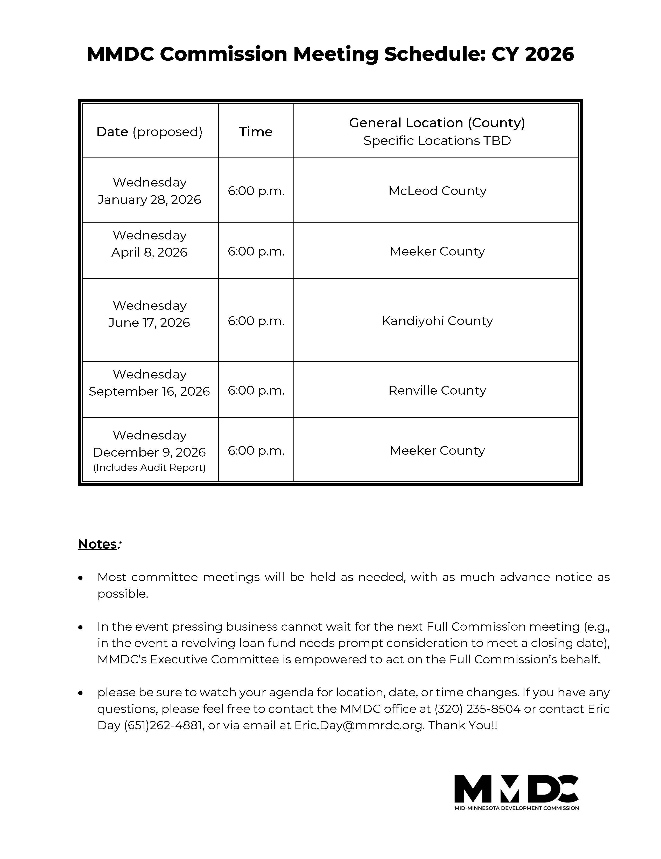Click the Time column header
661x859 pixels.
pos(255,131)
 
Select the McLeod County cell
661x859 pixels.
pos(437,191)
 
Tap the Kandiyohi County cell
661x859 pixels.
pos(437,321)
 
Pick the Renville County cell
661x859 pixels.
pos(437,390)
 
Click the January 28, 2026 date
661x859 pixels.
pos(149,200)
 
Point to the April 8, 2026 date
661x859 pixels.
pos(149,252)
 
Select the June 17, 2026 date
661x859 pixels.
pos(149,322)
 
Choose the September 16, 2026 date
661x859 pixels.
pos(149,391)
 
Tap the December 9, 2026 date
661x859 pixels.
pos(149,452)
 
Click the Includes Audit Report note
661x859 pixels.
pos(149,468)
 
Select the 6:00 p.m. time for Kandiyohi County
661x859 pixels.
pos(256,321)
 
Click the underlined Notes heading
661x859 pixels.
pos(97,544)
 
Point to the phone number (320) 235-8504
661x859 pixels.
pos(477,709)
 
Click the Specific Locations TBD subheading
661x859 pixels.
pos(437,141)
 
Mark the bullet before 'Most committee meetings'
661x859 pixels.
pos(81,578)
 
